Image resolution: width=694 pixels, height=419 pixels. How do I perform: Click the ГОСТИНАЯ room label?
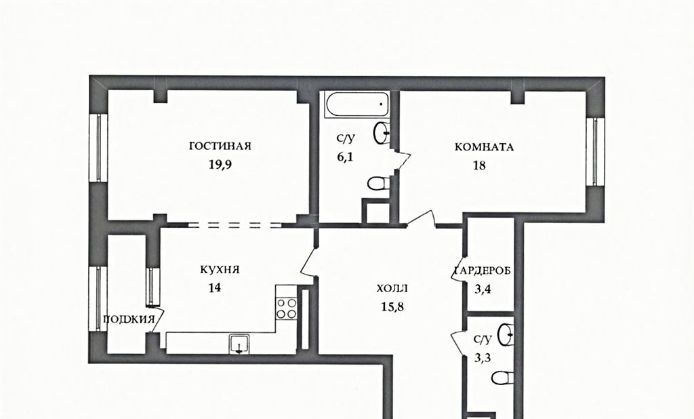click(220, 146)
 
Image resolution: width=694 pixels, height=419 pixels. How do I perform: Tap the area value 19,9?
click(220, 165)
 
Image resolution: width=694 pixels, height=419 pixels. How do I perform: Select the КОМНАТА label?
click(484, 147)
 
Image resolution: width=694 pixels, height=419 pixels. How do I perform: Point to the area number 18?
click(479, 165)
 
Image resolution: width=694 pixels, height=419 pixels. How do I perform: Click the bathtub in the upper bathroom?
click(356, 104)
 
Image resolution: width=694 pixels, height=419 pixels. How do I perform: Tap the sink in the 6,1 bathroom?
click(382, 132)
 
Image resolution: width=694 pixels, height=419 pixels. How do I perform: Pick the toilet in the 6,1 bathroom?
click(378, 183)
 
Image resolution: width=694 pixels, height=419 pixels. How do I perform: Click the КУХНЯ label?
click(220, 269)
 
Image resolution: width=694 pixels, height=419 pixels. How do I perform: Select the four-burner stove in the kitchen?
click(287, 308)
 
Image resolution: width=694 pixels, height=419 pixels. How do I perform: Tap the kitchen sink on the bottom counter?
click(239, 344)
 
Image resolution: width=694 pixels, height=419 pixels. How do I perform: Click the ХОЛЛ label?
click(392, 289)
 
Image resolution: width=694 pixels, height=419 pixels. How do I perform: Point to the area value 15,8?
click(392, 306)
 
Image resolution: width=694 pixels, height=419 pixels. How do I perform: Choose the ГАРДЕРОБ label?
click(483, 271)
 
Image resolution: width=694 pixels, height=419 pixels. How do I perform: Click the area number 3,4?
click(483, 290)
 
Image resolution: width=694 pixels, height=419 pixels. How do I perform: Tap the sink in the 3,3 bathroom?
click(505, 334)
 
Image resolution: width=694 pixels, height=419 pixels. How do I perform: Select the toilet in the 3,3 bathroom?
click(502, 378)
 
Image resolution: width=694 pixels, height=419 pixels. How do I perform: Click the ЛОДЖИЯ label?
click(129, 319)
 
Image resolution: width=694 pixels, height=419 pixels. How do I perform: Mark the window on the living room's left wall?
click(99, 148)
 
